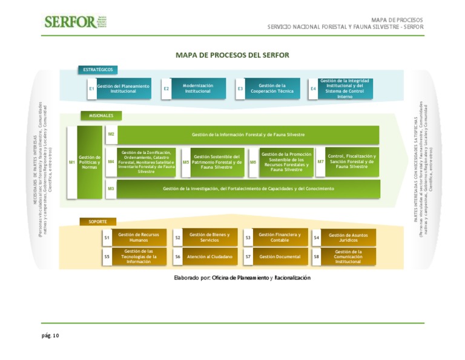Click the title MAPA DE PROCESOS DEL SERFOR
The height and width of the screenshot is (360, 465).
coord(232,55)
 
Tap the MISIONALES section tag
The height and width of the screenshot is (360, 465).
coord(101,115)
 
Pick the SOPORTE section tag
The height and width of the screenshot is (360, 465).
coord(97,221)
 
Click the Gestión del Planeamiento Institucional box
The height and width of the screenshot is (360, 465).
coord(123,88)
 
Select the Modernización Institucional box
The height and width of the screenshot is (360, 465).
coord(198,88)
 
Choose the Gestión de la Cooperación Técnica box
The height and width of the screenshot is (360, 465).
coord(272,88)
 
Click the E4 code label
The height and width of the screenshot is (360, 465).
coord(313,89)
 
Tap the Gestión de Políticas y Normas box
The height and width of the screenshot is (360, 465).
coord(89,162)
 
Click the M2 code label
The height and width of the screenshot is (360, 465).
coord(111,134)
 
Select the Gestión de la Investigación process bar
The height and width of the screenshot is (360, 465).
coord(248,188)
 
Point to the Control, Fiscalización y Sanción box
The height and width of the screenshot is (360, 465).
coord(351,161)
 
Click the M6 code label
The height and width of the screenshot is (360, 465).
coord(252,162)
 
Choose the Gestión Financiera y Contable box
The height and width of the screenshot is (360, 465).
coord(279,238)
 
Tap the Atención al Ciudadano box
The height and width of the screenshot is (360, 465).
coord(209,257)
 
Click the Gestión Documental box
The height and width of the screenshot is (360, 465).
coord(280,257)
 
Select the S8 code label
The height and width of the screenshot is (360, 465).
coord(316,257)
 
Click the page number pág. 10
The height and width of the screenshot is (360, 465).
coord(50,335)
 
